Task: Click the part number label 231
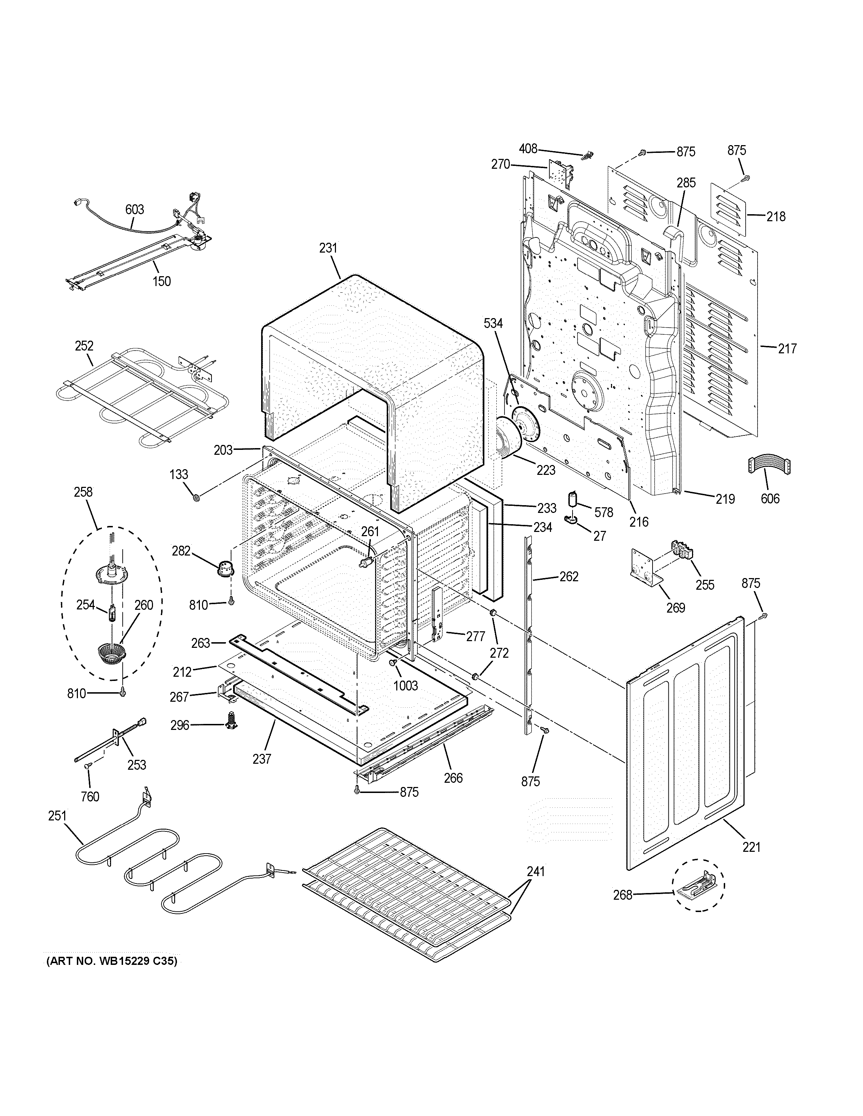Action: (x=328, y=248)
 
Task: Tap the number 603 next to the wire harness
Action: (x=134, y=210)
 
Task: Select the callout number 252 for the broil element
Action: (x=84, y=346)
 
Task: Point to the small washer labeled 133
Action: (x=196, y=497)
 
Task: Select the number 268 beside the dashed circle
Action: (x=623, y=895)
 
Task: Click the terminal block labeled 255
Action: (x=683, y=552)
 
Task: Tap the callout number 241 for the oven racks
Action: (x=535, y=872)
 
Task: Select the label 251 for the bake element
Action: (x=57, y=816)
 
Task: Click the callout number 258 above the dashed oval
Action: (x=83, y=492)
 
